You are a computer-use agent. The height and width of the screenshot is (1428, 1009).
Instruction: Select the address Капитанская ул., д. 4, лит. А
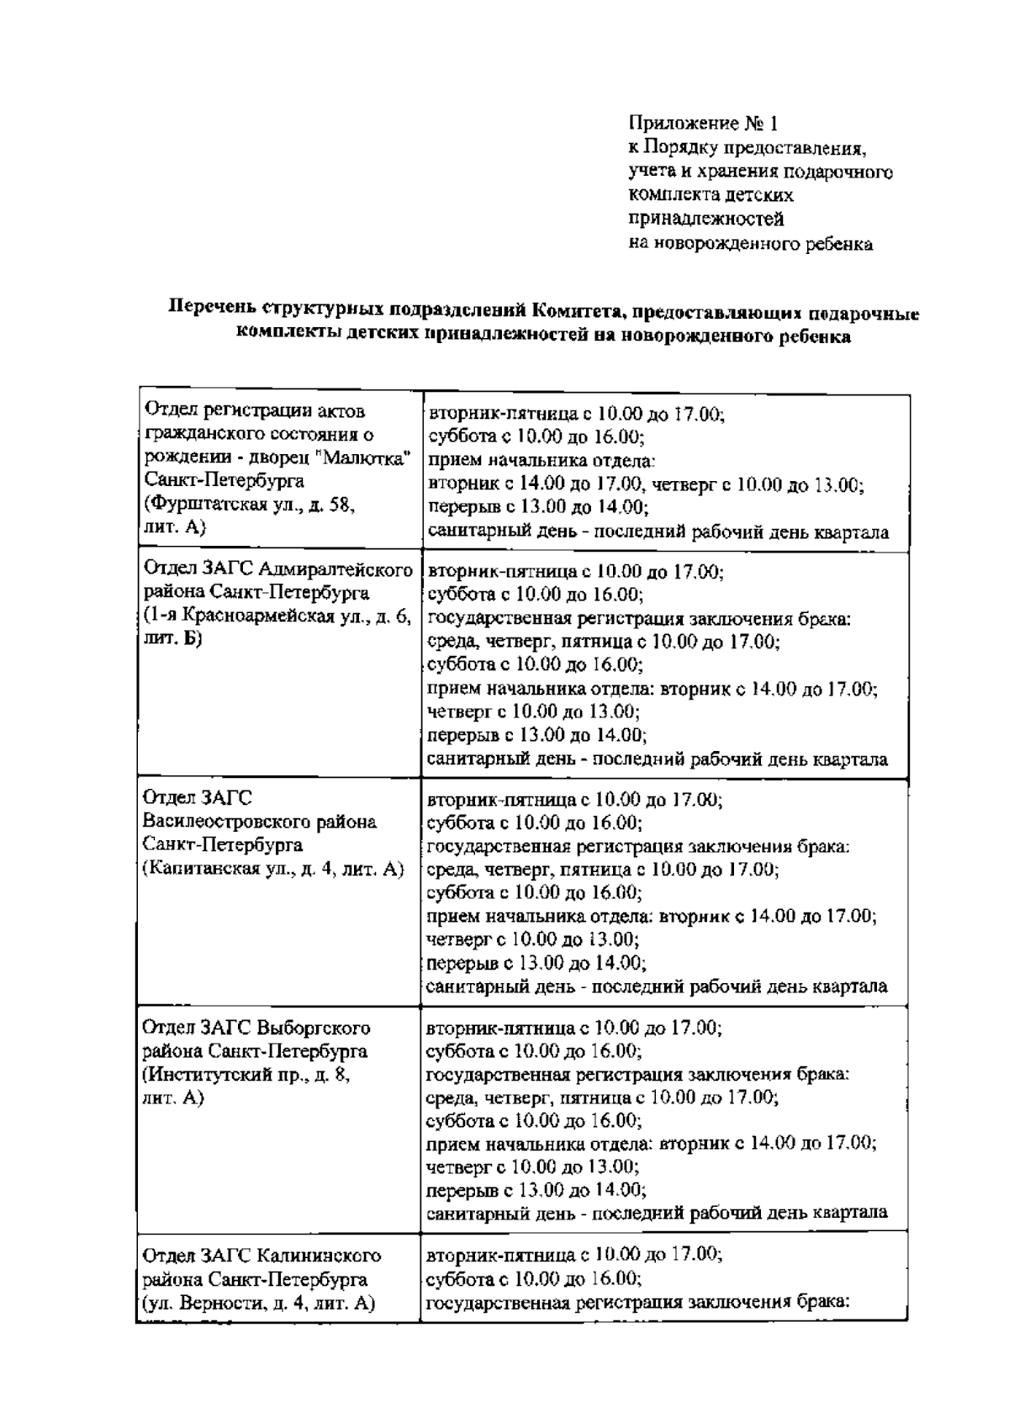(273, 868)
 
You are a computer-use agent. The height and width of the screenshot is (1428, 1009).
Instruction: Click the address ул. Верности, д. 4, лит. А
(257, 1303)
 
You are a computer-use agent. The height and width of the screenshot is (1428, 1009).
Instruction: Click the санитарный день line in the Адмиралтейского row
(657, 759)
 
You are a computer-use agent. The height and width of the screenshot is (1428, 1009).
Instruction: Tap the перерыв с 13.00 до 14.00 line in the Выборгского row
(536, 1190)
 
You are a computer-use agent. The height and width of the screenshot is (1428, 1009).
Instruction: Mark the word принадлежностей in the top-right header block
(706, 220)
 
